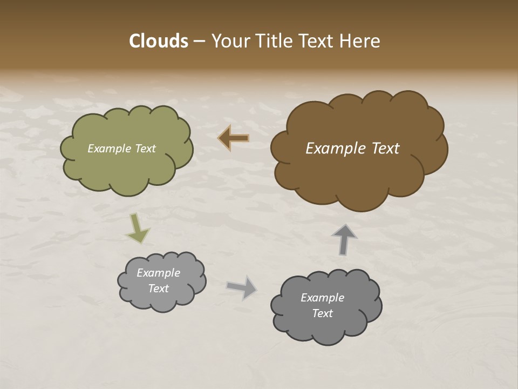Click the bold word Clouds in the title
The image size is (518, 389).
coord(159,41)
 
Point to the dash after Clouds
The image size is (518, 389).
coord(199,42)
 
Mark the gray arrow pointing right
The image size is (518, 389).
coord(242,287)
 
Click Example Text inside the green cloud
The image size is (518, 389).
coord(122,149)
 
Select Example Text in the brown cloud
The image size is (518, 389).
coord(352,149)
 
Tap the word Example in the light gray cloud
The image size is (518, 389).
coord(158,273)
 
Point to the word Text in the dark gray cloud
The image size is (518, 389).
coord(322,313)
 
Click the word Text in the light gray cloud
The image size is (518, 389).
coord(158,289)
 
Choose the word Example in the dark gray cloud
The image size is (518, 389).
coord(322,298)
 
